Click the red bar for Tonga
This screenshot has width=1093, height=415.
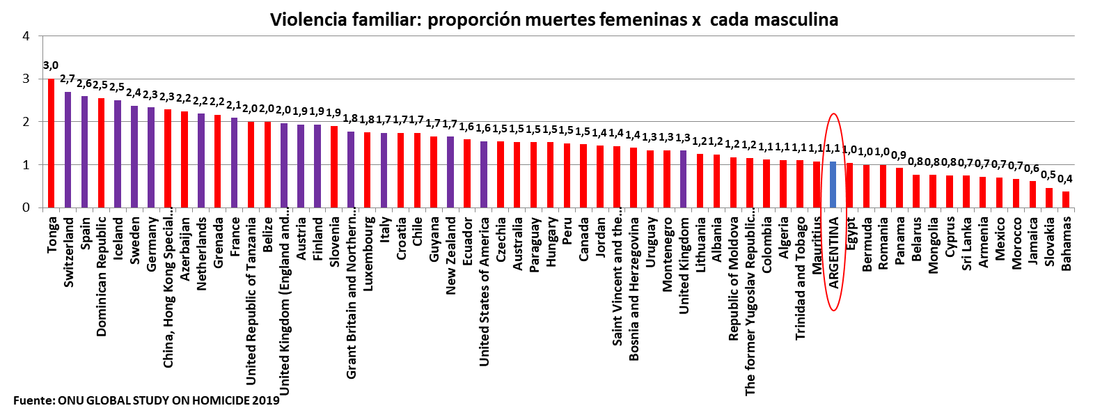pos(51,143)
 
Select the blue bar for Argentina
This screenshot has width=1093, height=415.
pos(833,185)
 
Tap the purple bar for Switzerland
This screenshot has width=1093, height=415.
pos(68,150)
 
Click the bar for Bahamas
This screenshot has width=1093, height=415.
pos(1065,200)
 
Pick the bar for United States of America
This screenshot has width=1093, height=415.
pos(484,175)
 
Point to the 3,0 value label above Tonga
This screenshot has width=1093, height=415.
pos(51,65)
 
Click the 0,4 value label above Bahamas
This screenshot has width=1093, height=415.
pos(1065,179)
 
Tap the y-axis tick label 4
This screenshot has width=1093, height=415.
pos(26,36)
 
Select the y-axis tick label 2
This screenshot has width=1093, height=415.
pos(26,122)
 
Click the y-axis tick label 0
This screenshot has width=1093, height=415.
pos(26,207)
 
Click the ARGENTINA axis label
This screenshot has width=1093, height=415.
pos(833,253)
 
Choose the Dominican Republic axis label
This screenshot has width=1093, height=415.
pos(102,276)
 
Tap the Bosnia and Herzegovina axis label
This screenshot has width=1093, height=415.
pos(634,289)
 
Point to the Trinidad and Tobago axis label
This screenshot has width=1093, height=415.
pos(800,279)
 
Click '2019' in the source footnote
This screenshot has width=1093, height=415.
pos(265,400)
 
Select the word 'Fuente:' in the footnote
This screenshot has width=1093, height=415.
pos(33,400)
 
